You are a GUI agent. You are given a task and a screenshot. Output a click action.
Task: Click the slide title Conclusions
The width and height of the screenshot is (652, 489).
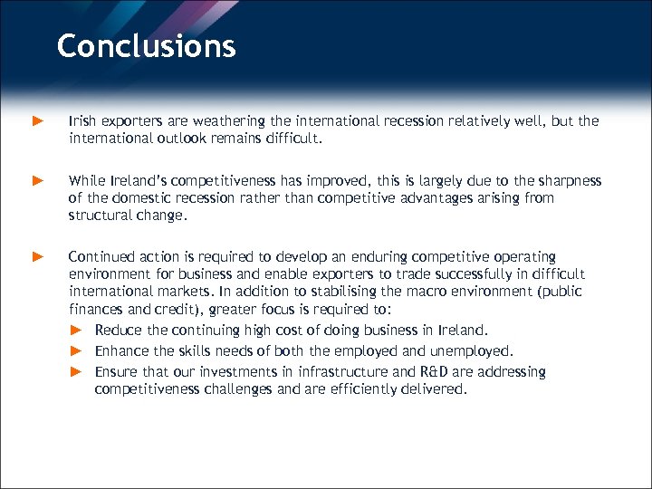coord(146,45)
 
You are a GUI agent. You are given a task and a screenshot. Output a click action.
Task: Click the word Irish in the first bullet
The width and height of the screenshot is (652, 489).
coord(82,120)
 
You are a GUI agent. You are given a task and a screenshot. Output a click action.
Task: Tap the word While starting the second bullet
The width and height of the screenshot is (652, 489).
coord(86,180)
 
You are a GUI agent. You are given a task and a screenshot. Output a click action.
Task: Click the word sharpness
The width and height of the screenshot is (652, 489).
coord(566,180)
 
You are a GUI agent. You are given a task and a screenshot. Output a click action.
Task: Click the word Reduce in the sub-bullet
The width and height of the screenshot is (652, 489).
coord(119,330)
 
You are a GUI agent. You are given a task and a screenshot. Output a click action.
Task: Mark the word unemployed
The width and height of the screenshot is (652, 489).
coord(472,350)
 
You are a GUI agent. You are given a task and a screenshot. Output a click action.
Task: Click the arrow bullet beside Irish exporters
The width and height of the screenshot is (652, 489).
coord(38,120)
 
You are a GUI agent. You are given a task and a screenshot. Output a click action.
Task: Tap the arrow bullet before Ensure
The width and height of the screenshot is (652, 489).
coord(77,371)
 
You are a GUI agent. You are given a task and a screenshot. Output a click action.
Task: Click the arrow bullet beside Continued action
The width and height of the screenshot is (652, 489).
coord(38,257)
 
